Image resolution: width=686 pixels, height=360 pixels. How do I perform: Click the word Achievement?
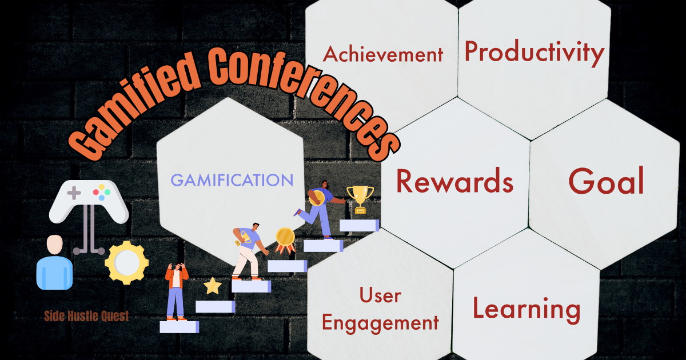[x=382, y=54]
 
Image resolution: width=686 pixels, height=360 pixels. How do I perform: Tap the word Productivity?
[x=534, y=52]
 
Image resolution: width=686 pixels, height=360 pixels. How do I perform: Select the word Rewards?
[x=454, y=181]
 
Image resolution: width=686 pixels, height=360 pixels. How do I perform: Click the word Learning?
[x=526, y=309]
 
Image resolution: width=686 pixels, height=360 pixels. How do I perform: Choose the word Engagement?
[x=380, y=323]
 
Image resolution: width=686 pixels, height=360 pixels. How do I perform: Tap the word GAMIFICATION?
[x=232, y=180]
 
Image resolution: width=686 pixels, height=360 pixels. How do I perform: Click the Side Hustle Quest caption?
[x=87, y=316]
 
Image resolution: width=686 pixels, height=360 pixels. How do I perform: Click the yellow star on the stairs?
[x=212, y=285]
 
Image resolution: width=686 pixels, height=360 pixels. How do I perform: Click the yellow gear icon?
[x=126, y=262]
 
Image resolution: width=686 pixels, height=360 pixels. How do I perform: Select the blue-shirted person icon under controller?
[x=54, y=262]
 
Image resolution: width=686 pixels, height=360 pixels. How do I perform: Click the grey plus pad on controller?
[x=74, y=193]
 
